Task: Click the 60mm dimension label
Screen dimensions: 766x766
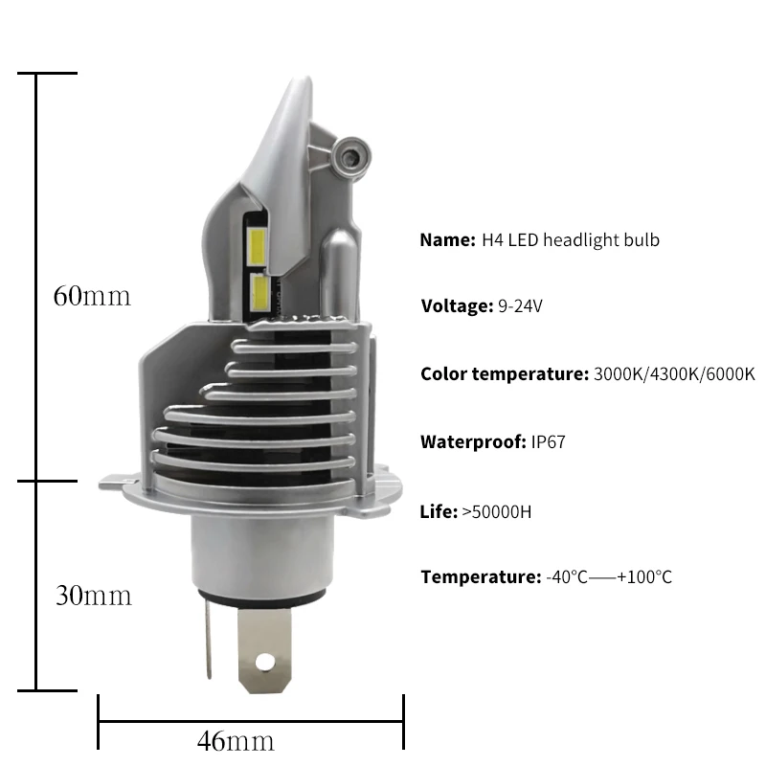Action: pos(92,296)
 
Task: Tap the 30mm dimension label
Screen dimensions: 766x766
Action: pos(94,596)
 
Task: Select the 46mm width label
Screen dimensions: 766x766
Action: pos(236,741)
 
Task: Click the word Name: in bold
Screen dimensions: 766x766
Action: pos(447,240)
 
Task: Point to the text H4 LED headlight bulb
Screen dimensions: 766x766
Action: pos(571,240)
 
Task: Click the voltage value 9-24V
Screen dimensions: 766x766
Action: pos(520,306)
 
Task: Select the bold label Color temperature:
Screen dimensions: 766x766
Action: pos(505,374)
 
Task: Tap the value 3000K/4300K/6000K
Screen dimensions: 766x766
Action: pos(674,374)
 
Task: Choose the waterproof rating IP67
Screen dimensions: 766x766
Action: pos(548,442)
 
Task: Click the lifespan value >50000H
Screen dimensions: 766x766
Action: pos(496,512)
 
